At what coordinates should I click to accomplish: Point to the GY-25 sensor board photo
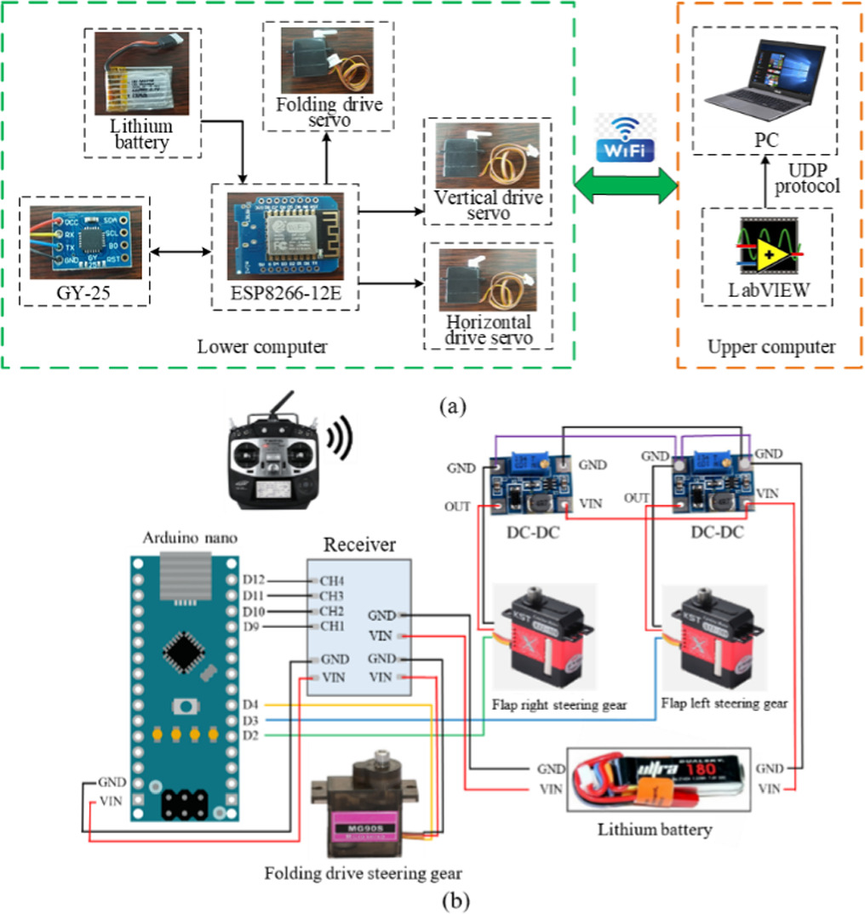(83, 243)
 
